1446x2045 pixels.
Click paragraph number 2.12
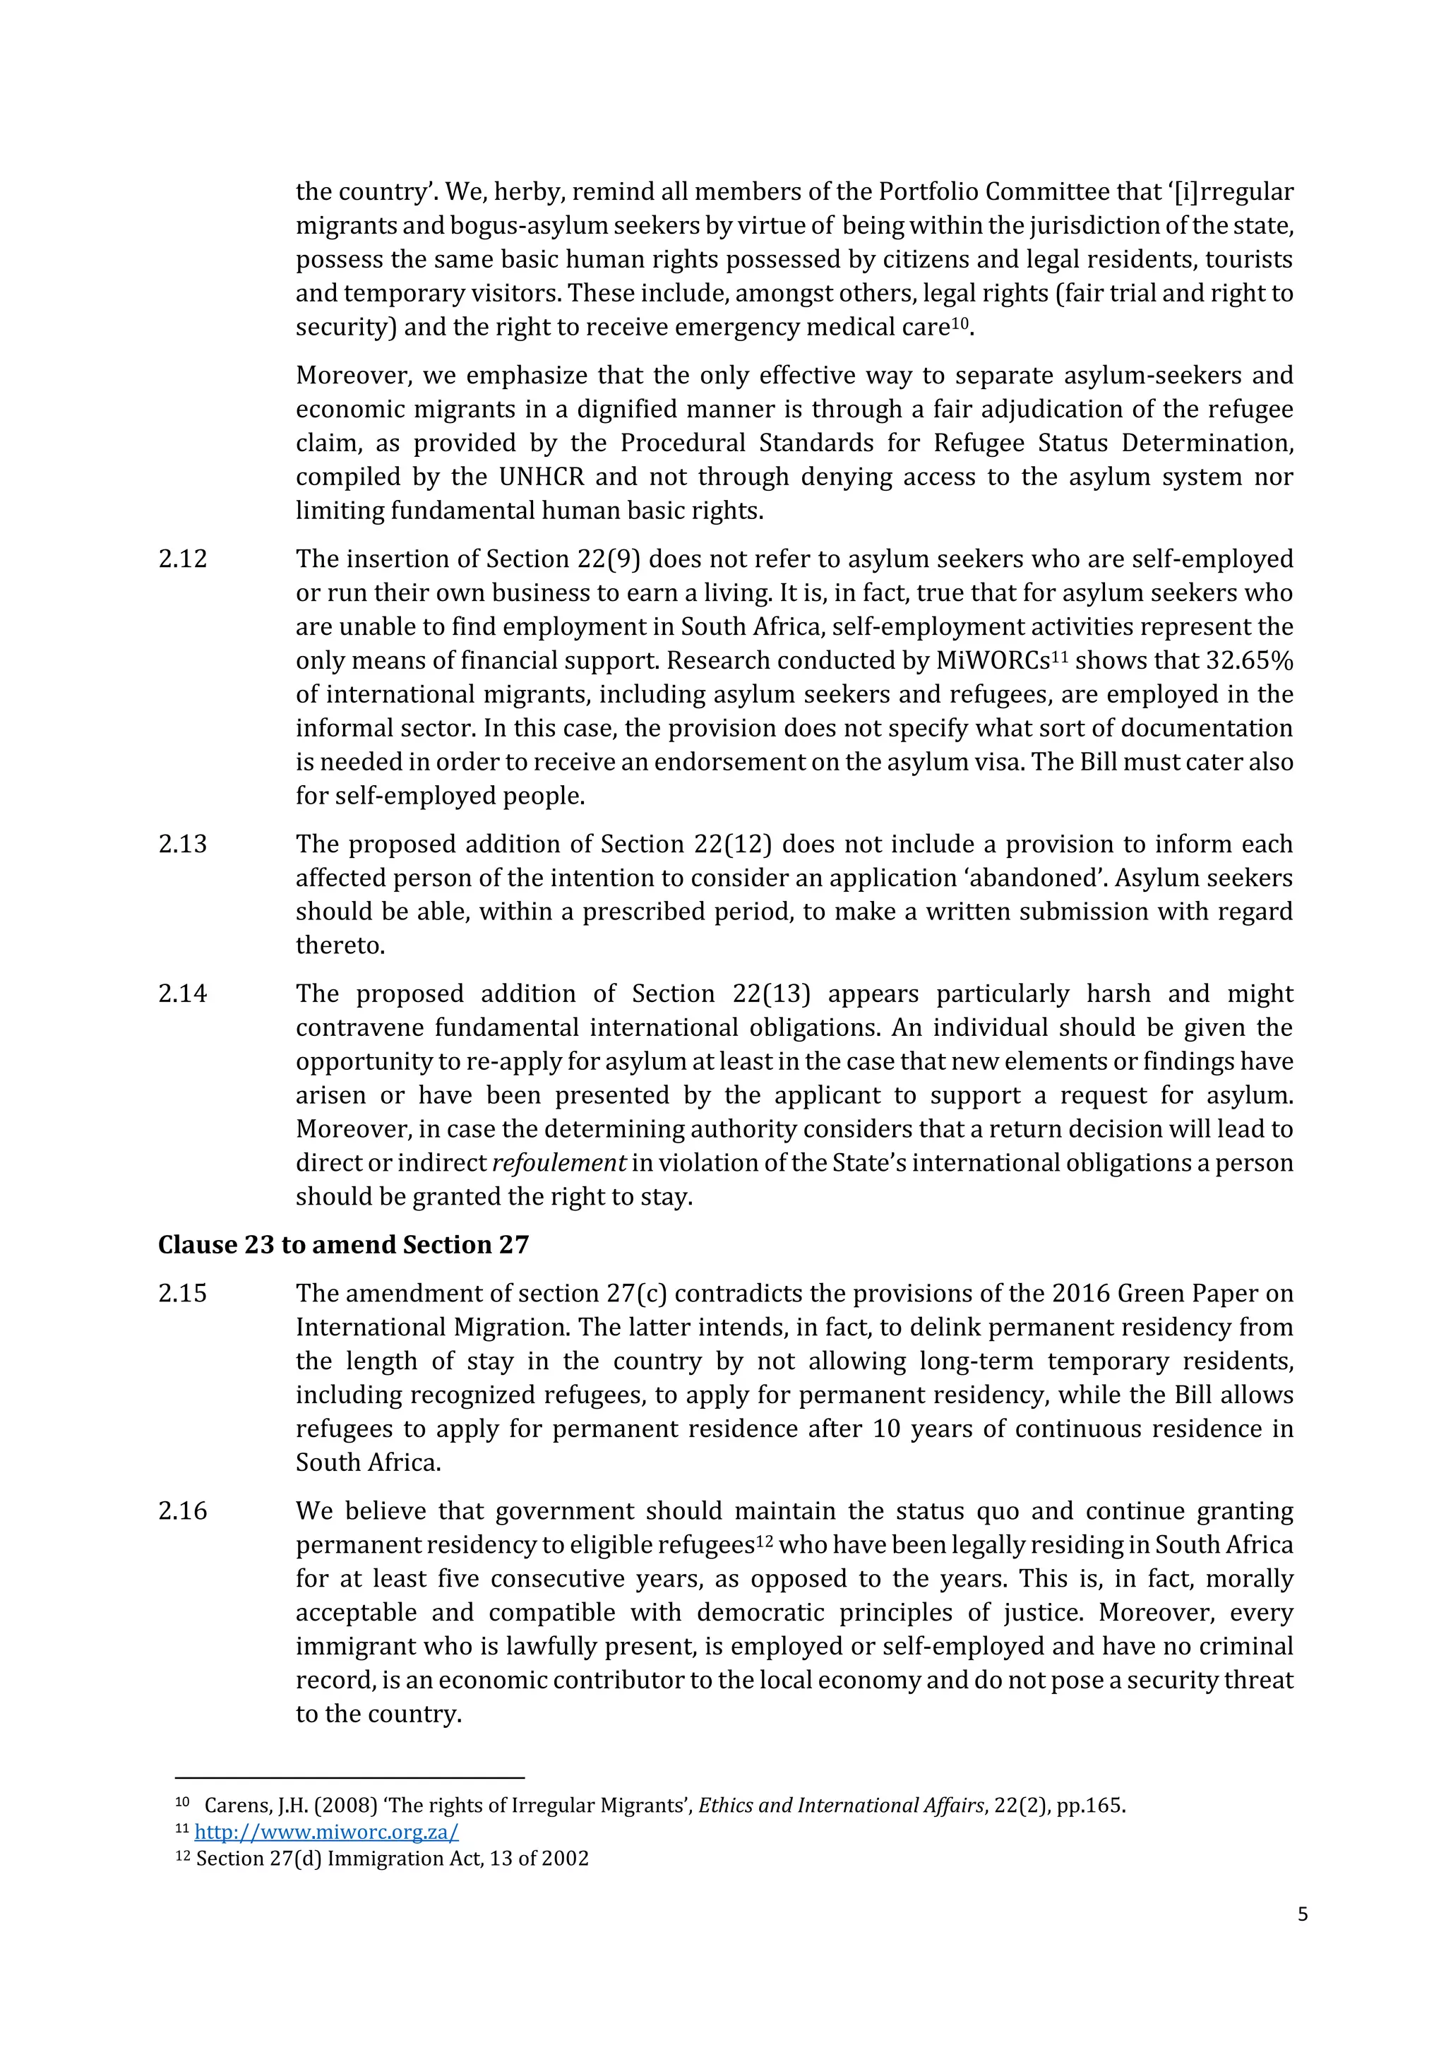click(x=183, y=559)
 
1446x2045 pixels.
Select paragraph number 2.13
click(x=183, y=845)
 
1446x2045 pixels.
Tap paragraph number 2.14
click(x=183, y=994)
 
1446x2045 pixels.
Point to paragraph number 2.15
click(x=183, y=1293)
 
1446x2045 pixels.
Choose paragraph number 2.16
click(x=183, y=1510)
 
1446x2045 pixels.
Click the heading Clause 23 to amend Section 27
click(x=343, y=1245)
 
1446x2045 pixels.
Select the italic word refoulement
click(x=559, y=1163)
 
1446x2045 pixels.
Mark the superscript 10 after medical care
click(x=959, y=323)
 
